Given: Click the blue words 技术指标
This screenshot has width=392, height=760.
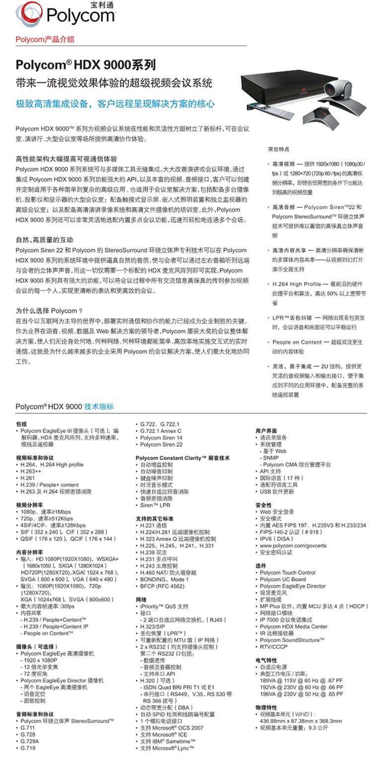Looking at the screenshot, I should click(x=99, y=406).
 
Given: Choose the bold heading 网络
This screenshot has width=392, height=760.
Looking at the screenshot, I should click(x=141, y=600).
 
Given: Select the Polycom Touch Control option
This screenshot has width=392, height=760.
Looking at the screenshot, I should click(x=288, y=572).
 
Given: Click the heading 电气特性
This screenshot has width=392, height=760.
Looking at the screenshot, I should click(x=266, y=660).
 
